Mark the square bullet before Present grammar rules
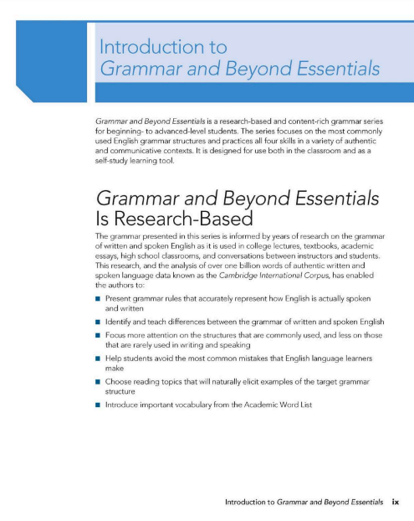pos(99,299)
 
